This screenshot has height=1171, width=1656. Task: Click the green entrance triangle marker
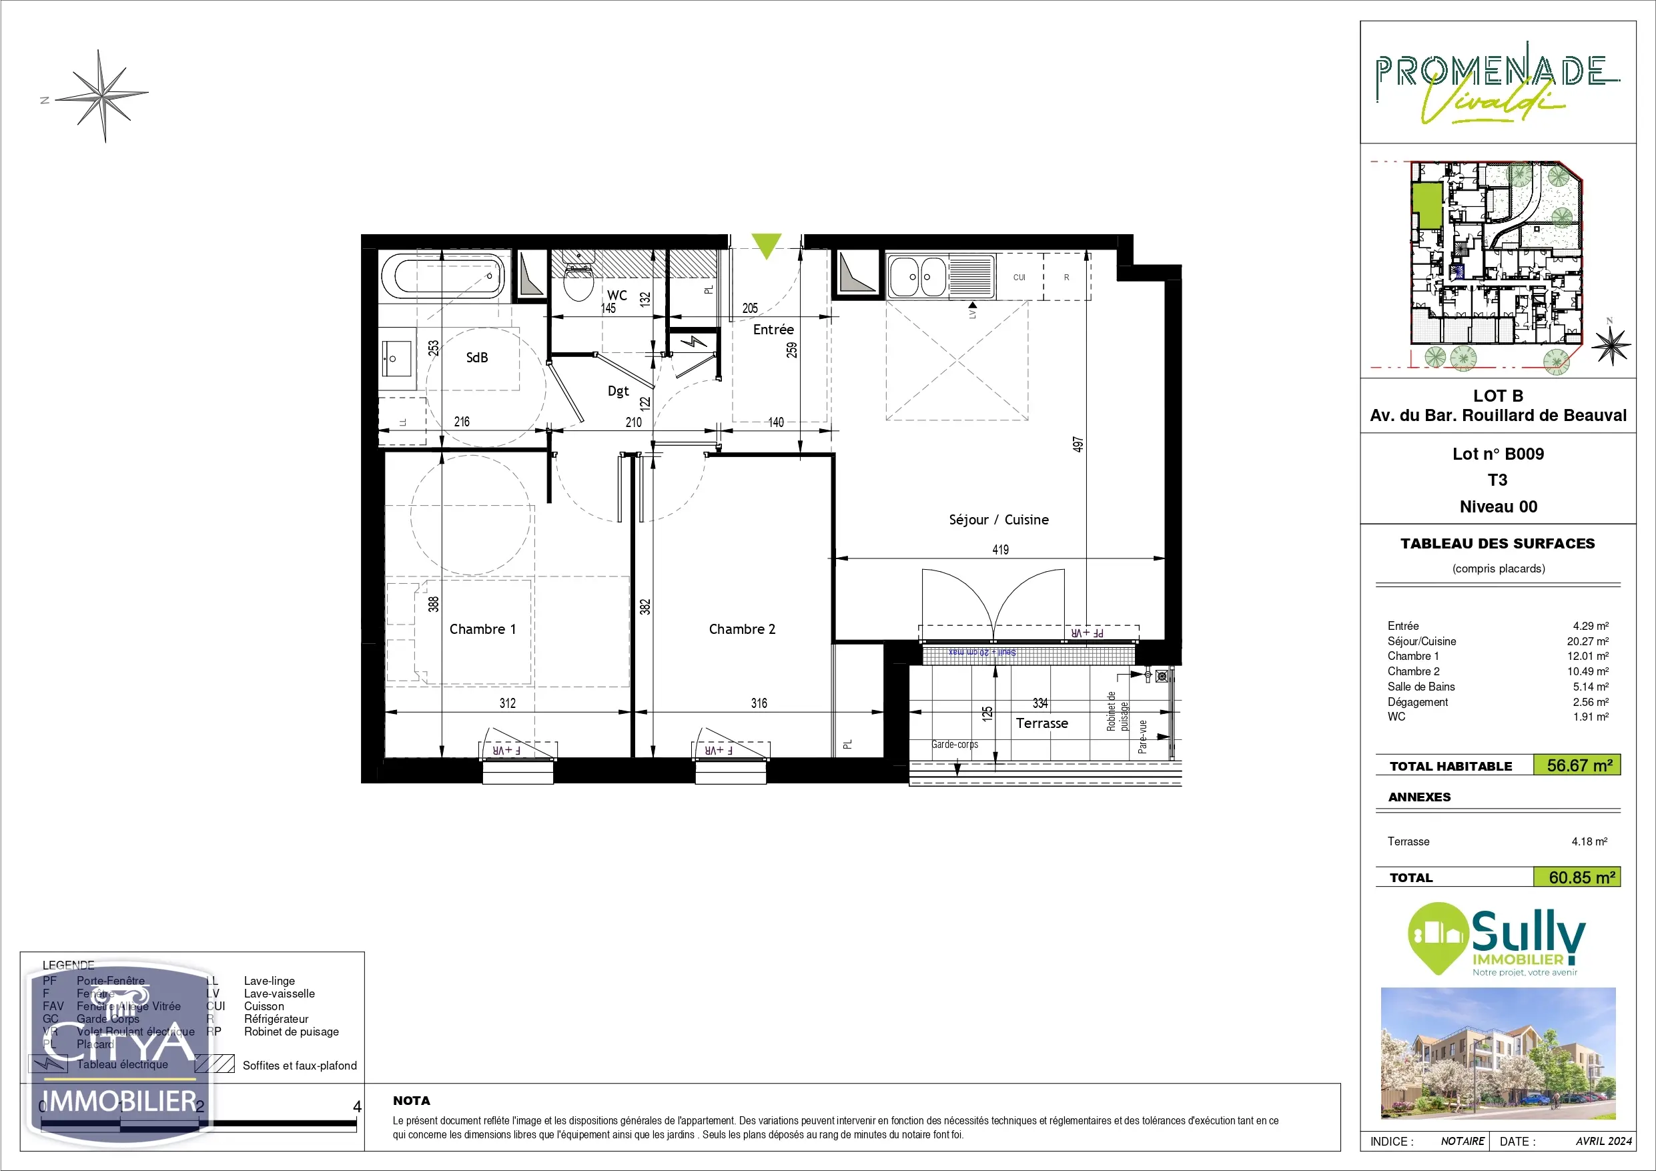coord(766,244)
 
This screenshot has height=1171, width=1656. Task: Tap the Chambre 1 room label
coord(482,629)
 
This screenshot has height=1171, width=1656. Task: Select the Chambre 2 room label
coord(741,629)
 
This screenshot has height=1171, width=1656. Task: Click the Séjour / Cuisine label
coord(998,520)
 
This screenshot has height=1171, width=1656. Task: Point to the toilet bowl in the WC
coord(578,284)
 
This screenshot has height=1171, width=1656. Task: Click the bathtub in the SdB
coord(443,276)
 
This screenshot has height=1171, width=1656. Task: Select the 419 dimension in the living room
coord(1000,550)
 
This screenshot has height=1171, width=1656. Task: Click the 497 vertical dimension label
coord(1078,444)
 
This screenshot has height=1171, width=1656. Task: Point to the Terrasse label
coord(1042,723)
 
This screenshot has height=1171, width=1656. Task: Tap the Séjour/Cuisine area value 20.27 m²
coord(1587,641)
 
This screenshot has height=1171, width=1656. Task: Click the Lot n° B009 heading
coord(1497,454)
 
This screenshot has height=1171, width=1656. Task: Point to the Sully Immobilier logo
coord(1497,939)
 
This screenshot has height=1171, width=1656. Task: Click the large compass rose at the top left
coord(103,95)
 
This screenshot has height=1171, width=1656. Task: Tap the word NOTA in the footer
coord(411,1100)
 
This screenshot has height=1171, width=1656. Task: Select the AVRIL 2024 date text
coord(1603,1141)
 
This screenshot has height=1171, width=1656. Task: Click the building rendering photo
coord(1497,1053)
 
